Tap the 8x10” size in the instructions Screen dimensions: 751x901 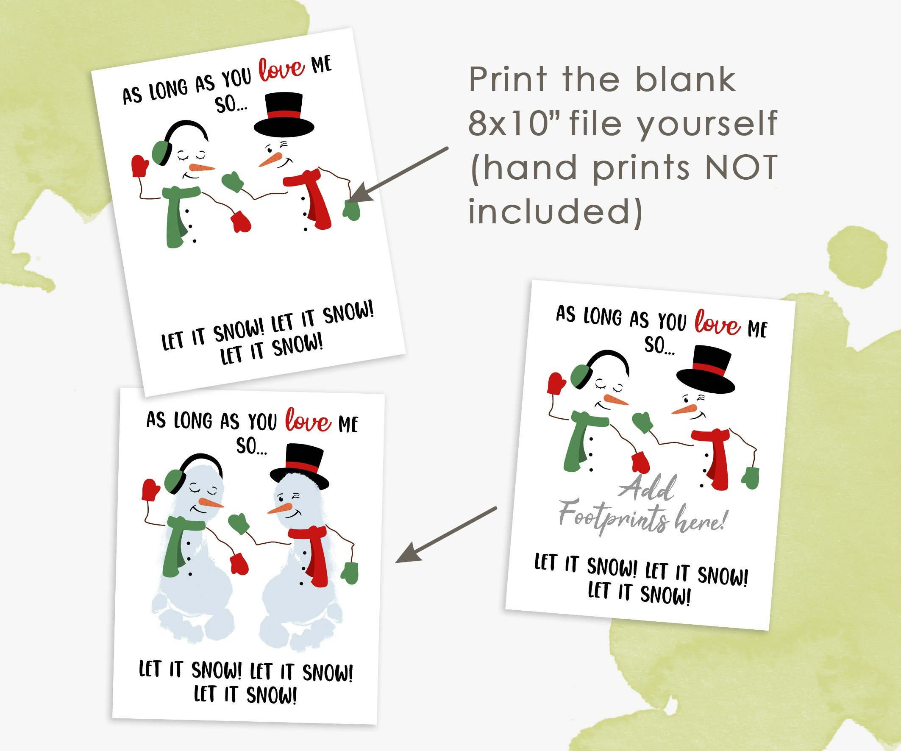click(x=514, y=123)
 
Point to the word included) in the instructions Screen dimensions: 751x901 click(x=555, y=211)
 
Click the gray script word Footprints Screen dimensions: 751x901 click(x=614, y=517)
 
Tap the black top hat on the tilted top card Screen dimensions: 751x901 click(x=284, y=114)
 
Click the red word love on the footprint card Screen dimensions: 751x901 click(x=308, y=420)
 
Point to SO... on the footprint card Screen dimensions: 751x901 click(x=251, y=446)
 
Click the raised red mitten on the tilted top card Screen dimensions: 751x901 click(x=139, y=166)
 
